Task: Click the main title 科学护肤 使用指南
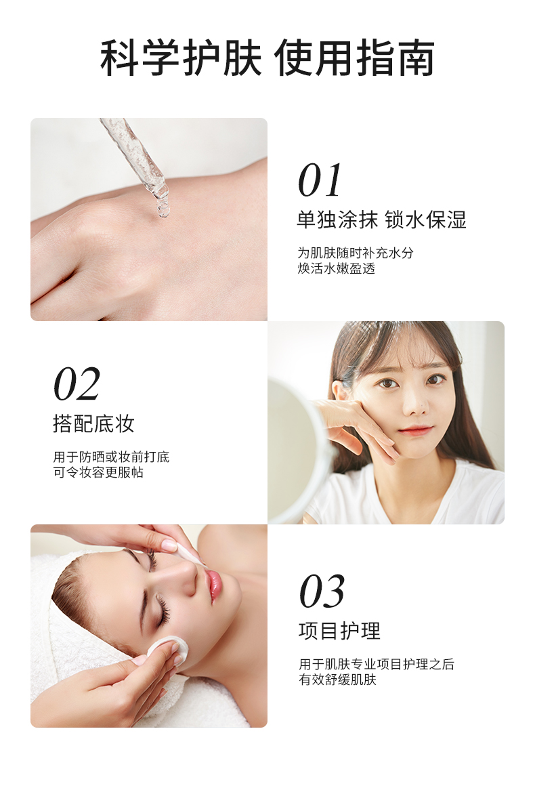coord(267,58)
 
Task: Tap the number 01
coord(320,180)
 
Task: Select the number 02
coord(77,384)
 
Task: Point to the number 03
coord(322,591)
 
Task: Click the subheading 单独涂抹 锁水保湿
coord(381,220)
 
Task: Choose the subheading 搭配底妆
coord(94,424)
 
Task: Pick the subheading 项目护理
coord(339,631)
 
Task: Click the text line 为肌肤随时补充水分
coord(356,253)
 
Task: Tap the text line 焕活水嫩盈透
coord(336,268)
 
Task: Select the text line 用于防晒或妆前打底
coord(111,457)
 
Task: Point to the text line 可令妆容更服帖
coord(98,472)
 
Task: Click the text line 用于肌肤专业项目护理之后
coord(377,664)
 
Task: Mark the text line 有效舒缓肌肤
coord(338,680)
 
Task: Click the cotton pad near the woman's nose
coord(189,552)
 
